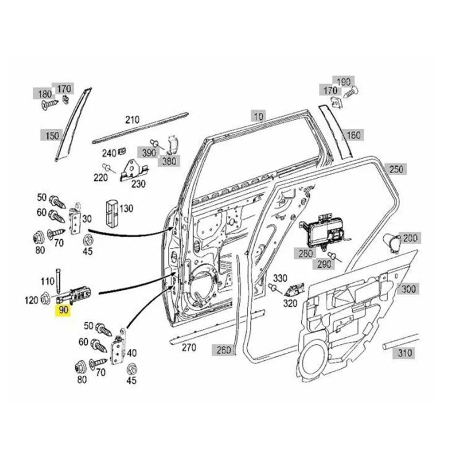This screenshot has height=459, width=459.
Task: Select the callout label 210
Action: click(x=133, y=120)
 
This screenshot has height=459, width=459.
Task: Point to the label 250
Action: click(x=396, y=169)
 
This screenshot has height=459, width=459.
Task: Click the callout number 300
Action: click(x=409, y=289)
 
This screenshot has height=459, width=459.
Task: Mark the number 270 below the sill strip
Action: click(x=188, y=347)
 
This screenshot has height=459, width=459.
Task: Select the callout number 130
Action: click(x=126, y=208)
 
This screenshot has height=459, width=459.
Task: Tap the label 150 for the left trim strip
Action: click(x=52, y=135)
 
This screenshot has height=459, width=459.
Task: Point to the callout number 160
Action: click(x=354, y=135)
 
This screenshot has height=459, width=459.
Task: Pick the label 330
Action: click(x=279, y=278)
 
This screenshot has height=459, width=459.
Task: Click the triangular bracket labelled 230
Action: click(x=134, y=169)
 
